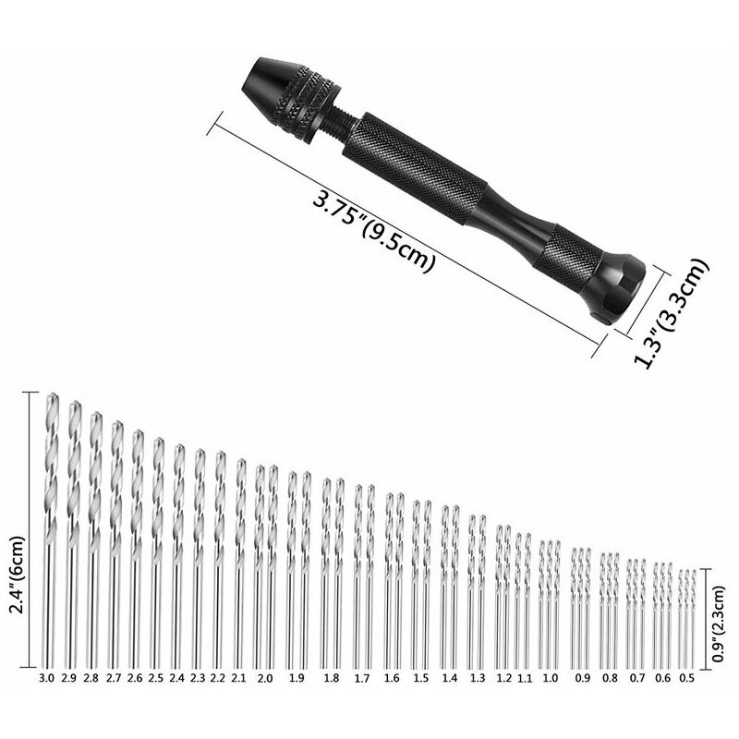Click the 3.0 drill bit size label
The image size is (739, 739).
(47, 678)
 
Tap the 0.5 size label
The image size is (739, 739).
(687, 678)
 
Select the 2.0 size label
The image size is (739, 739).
(265, 679)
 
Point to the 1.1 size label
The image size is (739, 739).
(525, 679)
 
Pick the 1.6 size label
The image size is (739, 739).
(392, 678)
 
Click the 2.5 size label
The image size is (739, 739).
(155, 678)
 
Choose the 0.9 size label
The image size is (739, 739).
(583, 678)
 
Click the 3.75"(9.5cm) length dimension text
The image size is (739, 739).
(372, 229)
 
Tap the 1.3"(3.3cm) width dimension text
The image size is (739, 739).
(672, 312)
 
